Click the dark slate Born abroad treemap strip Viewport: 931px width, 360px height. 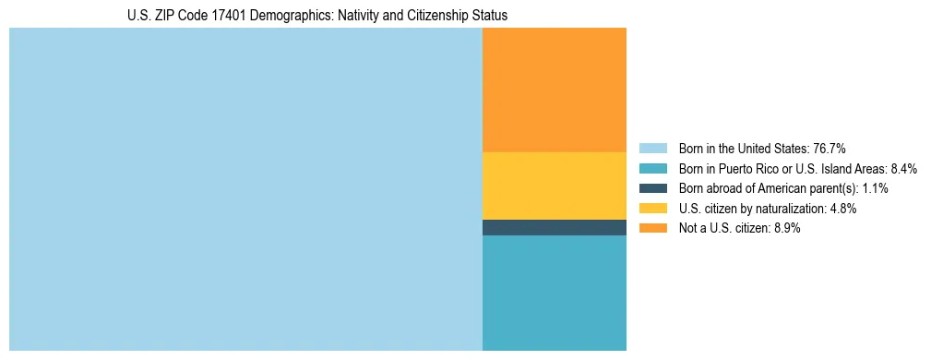[554, 227]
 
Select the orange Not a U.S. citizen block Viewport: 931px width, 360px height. [554, 90]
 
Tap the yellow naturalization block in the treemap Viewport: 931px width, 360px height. [554, 186]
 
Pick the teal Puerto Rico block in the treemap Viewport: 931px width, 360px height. [554, 293]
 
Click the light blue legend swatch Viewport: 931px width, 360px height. [652, 149]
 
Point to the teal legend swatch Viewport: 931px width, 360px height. [652, 169]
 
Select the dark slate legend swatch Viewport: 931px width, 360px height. [652, 188]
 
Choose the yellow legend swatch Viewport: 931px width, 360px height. [652, 209]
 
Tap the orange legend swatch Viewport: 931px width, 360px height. [652, 228]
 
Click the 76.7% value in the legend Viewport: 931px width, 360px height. [830, 149]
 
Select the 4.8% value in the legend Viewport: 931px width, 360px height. [844, 209]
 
